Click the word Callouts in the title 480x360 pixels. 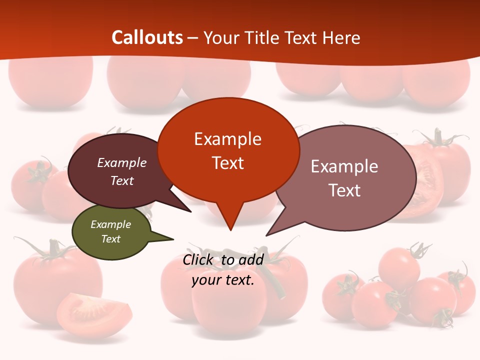(x=147, y=38)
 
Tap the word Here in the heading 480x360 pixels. (x=341, y=38)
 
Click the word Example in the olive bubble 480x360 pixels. (x=110, y=224)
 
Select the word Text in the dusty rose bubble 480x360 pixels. (x=344, y=190)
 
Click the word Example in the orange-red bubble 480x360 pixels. (x=227, y=139)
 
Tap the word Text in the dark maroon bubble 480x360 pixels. (x=122, y=180)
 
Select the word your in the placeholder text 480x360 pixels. (x=206, y=280)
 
